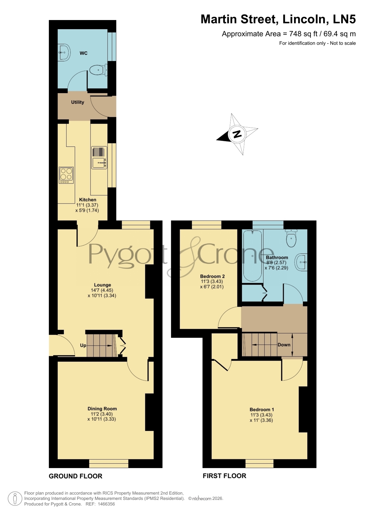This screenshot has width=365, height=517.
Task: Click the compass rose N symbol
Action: [237, 134]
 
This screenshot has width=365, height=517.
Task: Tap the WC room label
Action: [84, 53]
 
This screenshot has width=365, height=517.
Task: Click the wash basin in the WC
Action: [64, 52]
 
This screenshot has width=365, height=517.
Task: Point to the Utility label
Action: [78, 102]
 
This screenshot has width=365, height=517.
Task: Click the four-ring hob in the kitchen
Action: [66, 175]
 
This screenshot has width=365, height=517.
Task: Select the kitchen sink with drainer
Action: [99, 158]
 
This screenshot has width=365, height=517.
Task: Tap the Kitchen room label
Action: [88, 200]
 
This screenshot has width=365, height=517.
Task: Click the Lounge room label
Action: [102, 285]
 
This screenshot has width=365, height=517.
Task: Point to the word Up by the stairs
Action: [83, 345]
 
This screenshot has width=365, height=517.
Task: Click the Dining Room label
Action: [102, 409]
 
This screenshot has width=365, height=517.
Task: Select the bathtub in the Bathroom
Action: [253, 255]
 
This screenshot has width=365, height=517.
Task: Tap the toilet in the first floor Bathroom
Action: [291, 238]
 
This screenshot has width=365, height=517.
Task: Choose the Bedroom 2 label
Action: [212, 276]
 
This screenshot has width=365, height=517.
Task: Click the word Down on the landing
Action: [284, 345]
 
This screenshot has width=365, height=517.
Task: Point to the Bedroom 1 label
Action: [262, 409]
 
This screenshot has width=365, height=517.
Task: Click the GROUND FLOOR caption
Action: [76, 476]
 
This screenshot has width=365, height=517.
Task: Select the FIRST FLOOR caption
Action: [224, 476]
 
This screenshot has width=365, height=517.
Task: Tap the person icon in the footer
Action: [14, 498]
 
